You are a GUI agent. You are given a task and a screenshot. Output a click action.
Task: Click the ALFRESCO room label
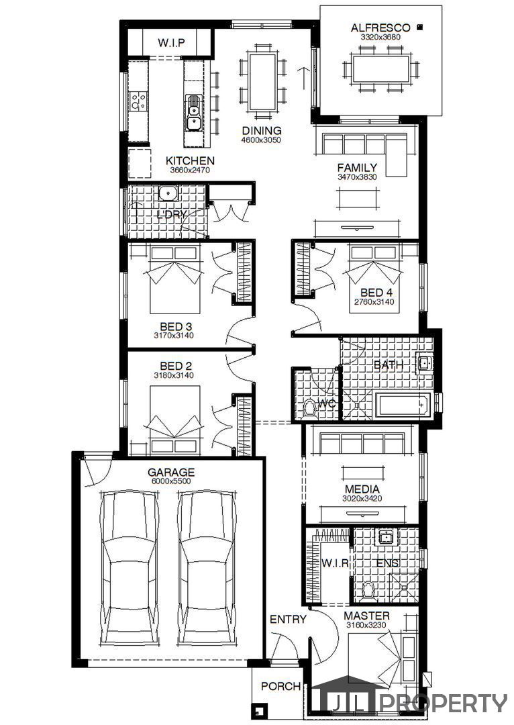(380, 28)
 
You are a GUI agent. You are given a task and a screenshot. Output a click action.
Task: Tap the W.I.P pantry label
(171, 43)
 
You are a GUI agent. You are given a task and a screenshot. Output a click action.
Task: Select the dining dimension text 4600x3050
(261, 140)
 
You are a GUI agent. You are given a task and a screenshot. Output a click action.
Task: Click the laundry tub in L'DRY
(168, 193)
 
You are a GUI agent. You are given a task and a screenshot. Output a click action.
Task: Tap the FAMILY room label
(357, 167)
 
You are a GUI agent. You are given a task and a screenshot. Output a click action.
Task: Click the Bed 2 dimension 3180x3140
(173, 375)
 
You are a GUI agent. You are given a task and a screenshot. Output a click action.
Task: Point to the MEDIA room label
(362, 489)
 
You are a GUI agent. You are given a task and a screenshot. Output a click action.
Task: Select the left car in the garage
(130, 569)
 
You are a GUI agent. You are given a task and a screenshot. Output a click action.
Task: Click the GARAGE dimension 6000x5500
(171, 481)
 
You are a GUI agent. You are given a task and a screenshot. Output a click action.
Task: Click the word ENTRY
(288, 619)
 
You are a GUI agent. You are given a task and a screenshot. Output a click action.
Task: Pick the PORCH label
(280, 686)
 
